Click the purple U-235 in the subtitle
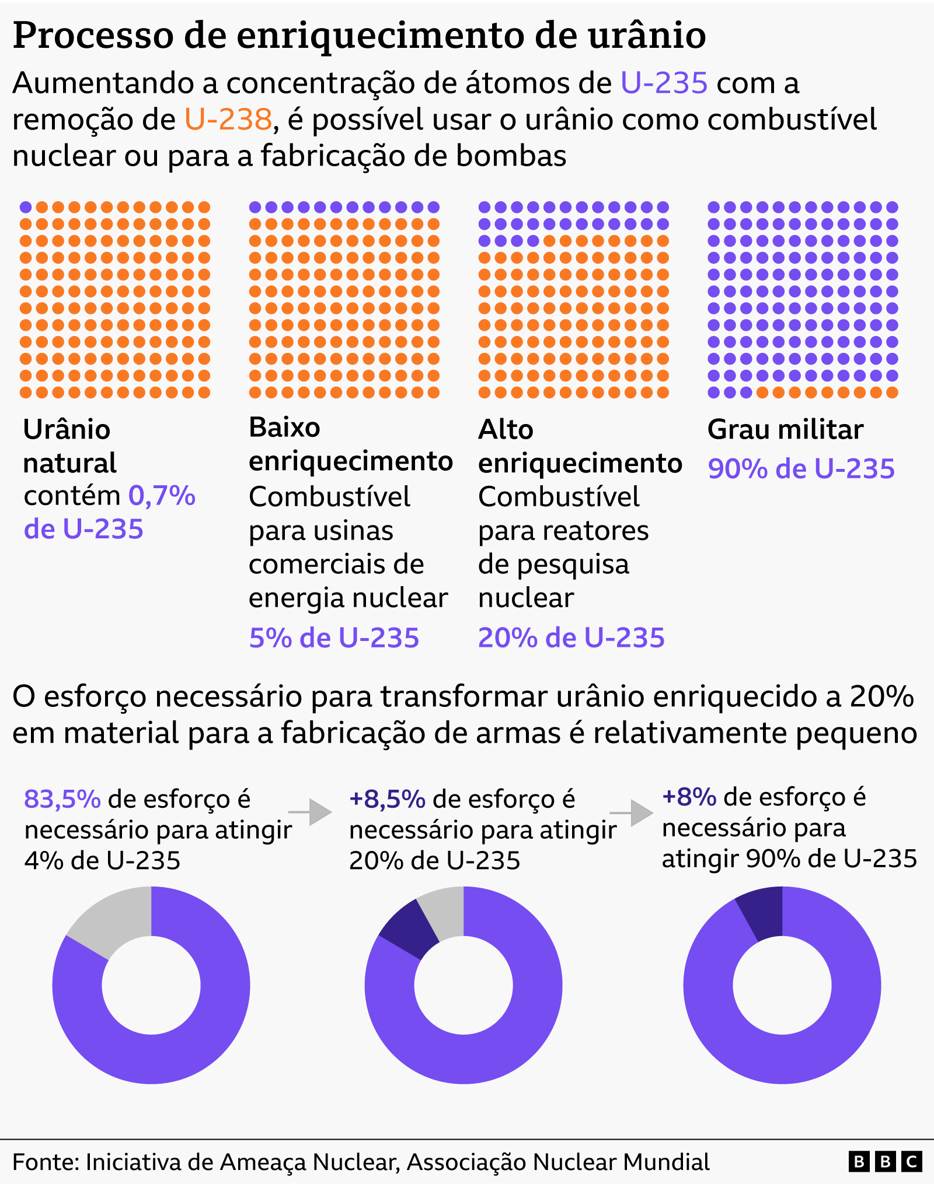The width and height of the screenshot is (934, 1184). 664,83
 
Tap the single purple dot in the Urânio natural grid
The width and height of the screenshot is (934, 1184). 26,207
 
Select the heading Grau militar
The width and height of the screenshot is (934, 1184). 785,430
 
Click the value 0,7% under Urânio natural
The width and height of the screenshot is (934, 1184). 162,496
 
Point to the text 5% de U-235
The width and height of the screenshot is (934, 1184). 334,637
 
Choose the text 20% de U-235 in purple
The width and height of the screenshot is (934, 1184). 571,637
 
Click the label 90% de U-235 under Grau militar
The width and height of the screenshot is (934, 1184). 801,469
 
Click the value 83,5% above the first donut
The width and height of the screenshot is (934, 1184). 62,799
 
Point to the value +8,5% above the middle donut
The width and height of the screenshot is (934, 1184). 387,799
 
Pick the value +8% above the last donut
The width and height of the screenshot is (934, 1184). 689,797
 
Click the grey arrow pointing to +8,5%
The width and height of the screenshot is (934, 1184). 311,812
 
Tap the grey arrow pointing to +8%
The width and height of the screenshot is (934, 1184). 632,812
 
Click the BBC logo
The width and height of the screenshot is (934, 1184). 884,1162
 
